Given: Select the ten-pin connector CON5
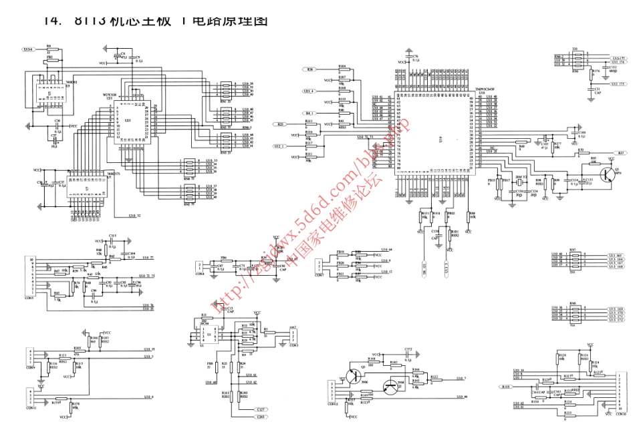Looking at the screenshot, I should pos(29,277).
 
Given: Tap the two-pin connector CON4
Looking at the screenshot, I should pos(200,266).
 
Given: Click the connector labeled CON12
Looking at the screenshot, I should pos(332,393).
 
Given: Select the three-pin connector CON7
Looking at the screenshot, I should pos(319,266).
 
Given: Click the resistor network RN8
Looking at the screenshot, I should pos(573,314).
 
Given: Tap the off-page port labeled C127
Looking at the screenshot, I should pos(261,409).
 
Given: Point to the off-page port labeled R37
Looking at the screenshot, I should pos(281,125).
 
